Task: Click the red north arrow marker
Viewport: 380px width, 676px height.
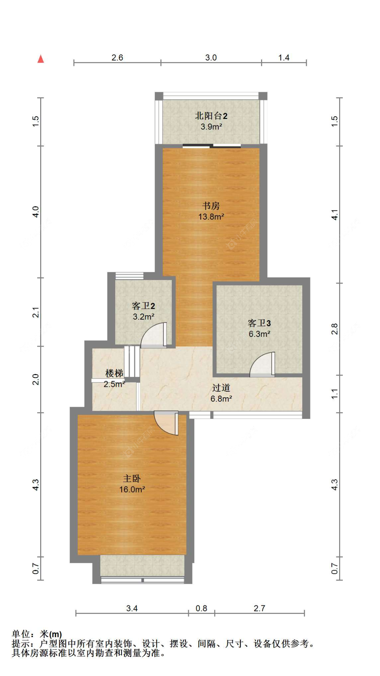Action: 41,59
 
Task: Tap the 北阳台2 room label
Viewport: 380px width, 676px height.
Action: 211,116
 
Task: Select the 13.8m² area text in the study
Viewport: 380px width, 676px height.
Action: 211,217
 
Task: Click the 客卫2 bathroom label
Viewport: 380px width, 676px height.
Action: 143,306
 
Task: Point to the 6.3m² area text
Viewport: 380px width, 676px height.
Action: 259,334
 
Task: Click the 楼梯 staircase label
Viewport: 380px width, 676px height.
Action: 114,373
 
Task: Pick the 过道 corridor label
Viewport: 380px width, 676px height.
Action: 221,387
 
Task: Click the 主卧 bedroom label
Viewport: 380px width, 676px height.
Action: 132,478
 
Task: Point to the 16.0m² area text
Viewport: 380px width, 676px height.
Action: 132,489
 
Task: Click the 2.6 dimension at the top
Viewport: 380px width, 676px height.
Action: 117,57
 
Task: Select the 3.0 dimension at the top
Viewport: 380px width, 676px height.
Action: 211,57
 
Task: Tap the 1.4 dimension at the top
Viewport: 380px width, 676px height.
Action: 284,57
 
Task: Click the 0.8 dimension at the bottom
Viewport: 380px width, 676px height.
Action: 201,608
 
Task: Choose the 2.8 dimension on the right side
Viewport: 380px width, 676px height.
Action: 334,329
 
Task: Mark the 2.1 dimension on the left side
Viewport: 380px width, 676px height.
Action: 36,312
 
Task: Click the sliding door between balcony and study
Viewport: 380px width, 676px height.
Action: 212,146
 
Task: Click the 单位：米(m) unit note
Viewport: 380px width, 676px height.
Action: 37,634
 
